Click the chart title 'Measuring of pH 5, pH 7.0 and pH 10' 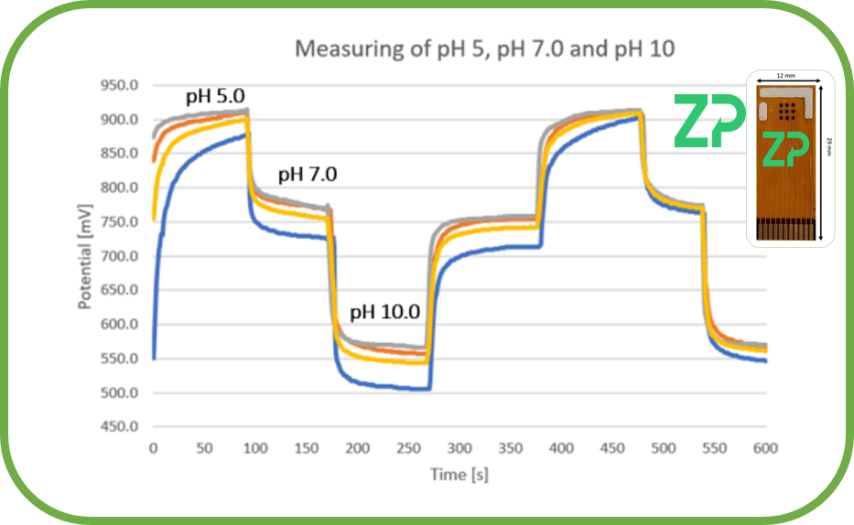tap(484, 48)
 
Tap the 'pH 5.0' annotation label tap(215, 96)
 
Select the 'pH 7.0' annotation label tap(308, 174)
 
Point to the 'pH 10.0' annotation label tap(384, 312)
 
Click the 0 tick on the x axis tap(153, 448)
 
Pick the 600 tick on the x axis tap(765, 448)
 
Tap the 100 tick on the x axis tap(254, 448)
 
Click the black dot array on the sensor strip tap(785, 111)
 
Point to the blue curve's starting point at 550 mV tap(154, 359)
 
